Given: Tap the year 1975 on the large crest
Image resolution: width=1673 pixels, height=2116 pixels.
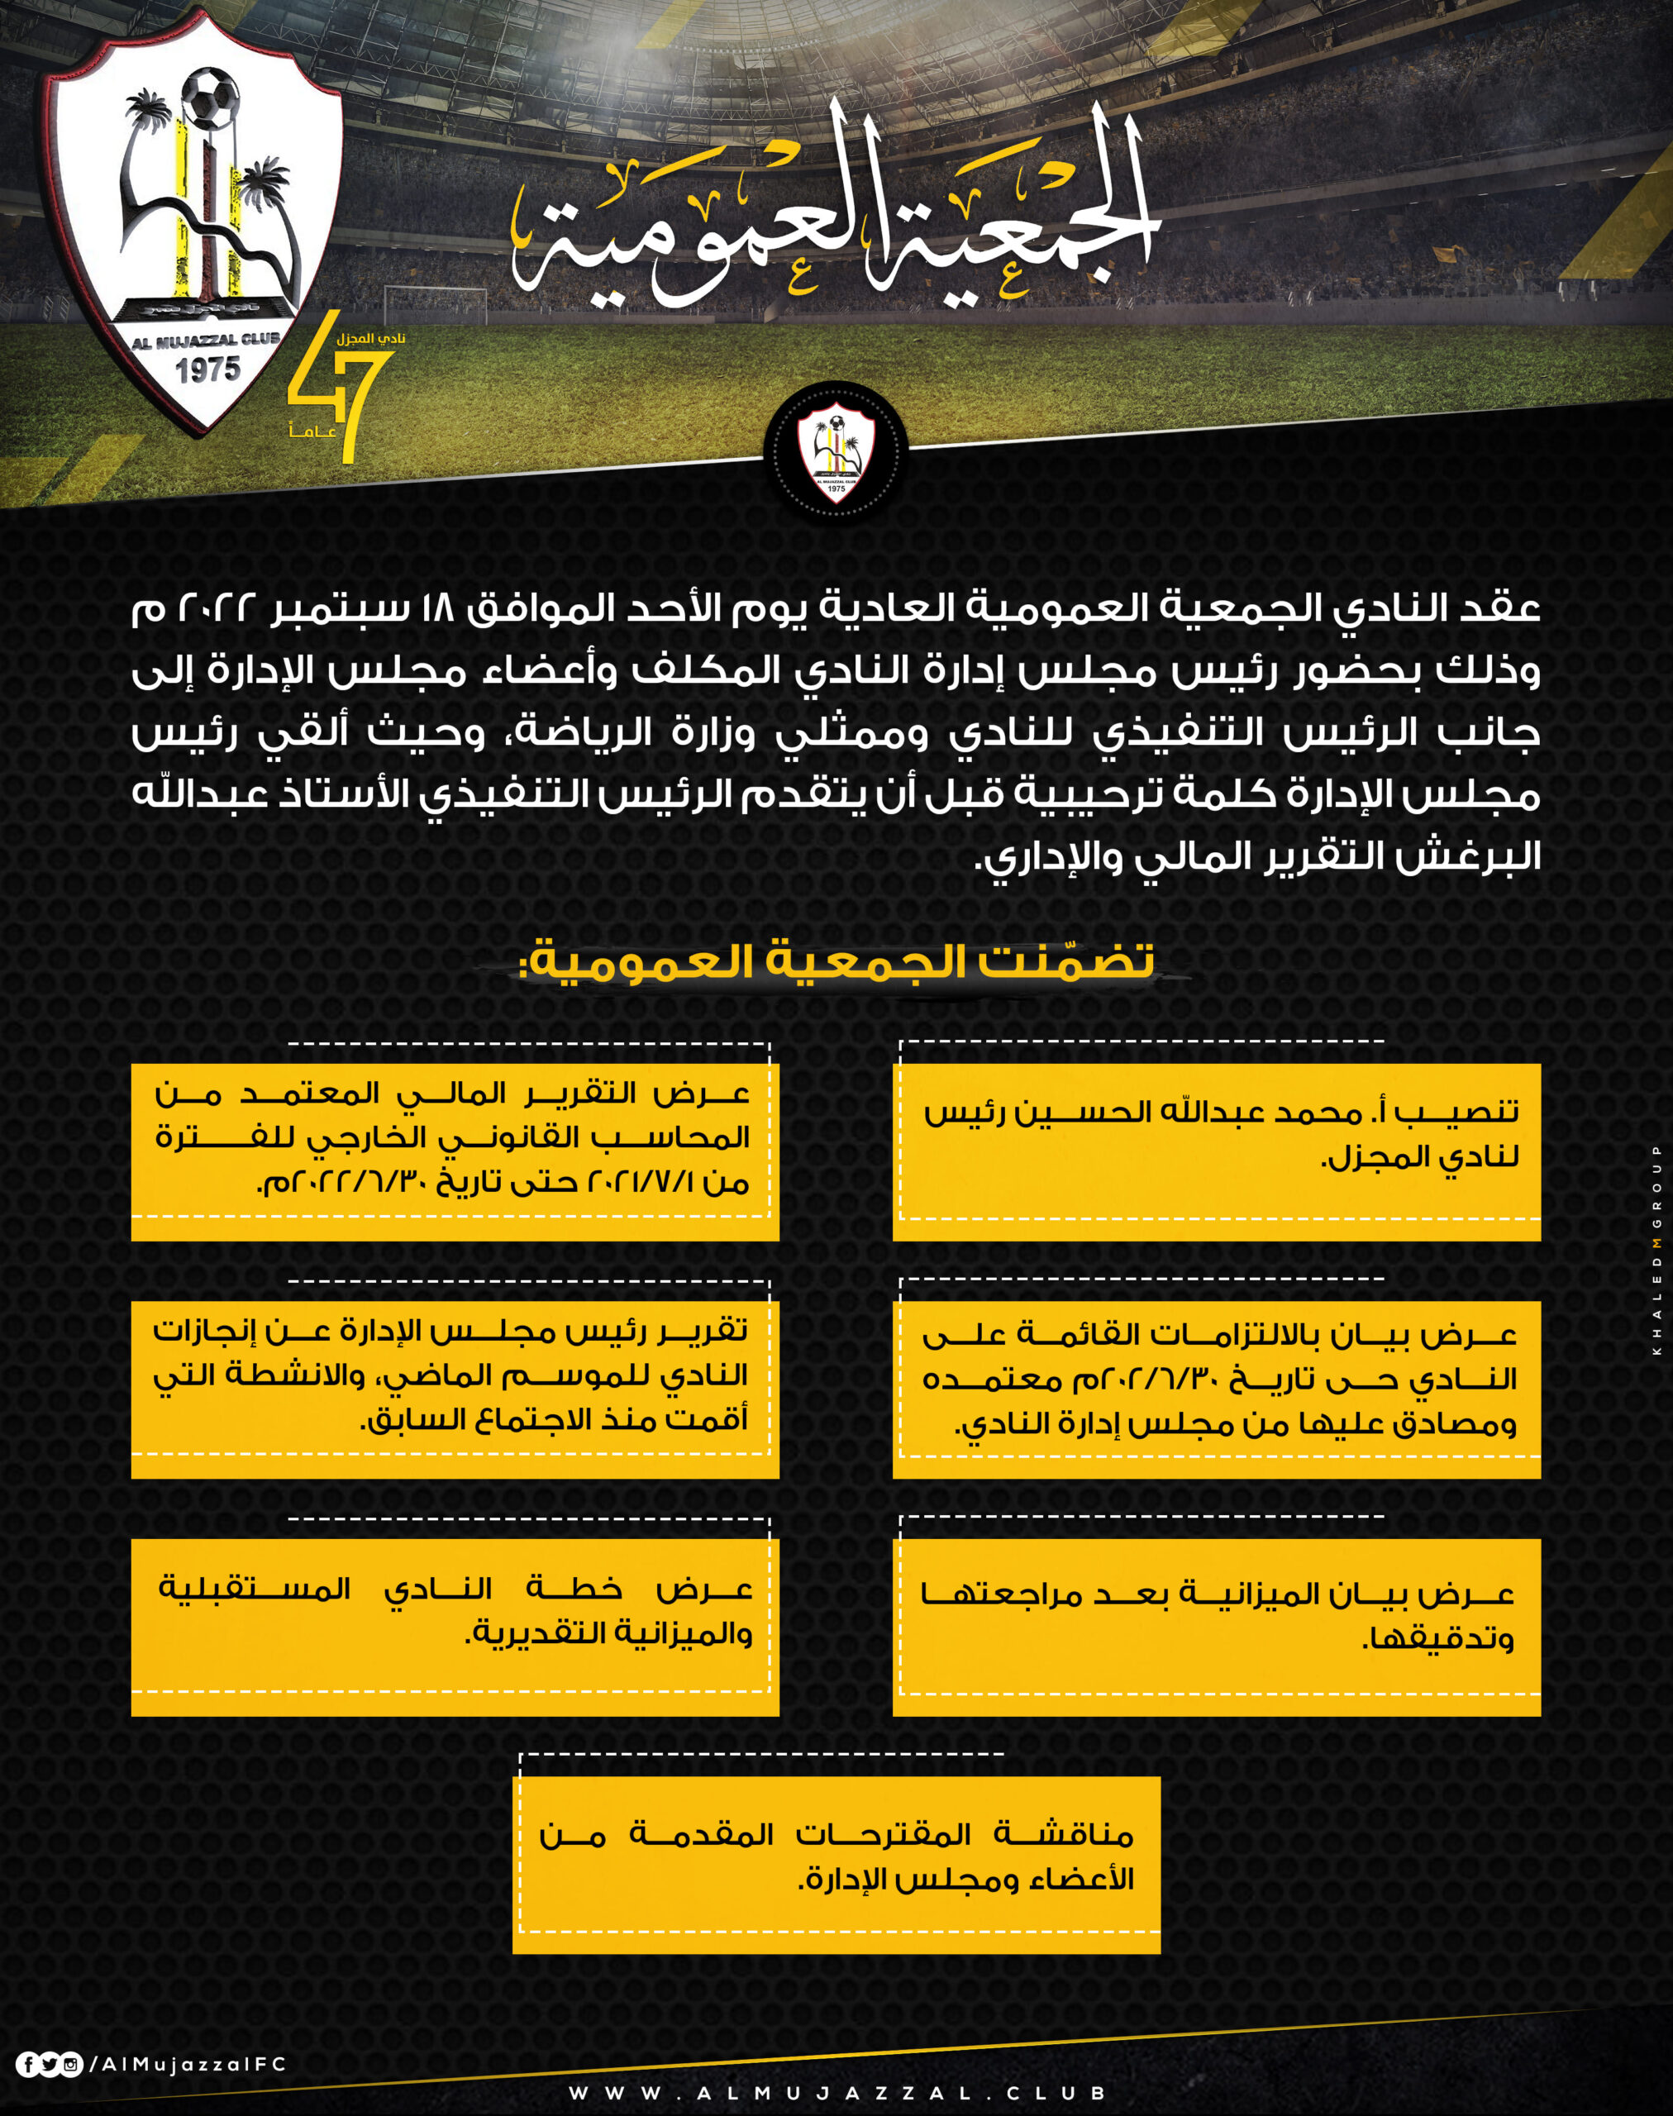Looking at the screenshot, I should pos(207,370).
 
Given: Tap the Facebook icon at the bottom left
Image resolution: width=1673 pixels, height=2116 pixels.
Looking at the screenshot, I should pos(27,2065).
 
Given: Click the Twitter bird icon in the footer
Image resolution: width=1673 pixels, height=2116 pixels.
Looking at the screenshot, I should pos(49,2065).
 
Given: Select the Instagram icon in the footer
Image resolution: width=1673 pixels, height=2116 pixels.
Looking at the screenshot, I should pos(70,2065).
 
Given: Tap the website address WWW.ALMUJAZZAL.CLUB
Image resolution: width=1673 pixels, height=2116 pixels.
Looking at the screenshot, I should pos(837,2094).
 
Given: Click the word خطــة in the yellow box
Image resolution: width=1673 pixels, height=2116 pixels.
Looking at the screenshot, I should pos(573,1588).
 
